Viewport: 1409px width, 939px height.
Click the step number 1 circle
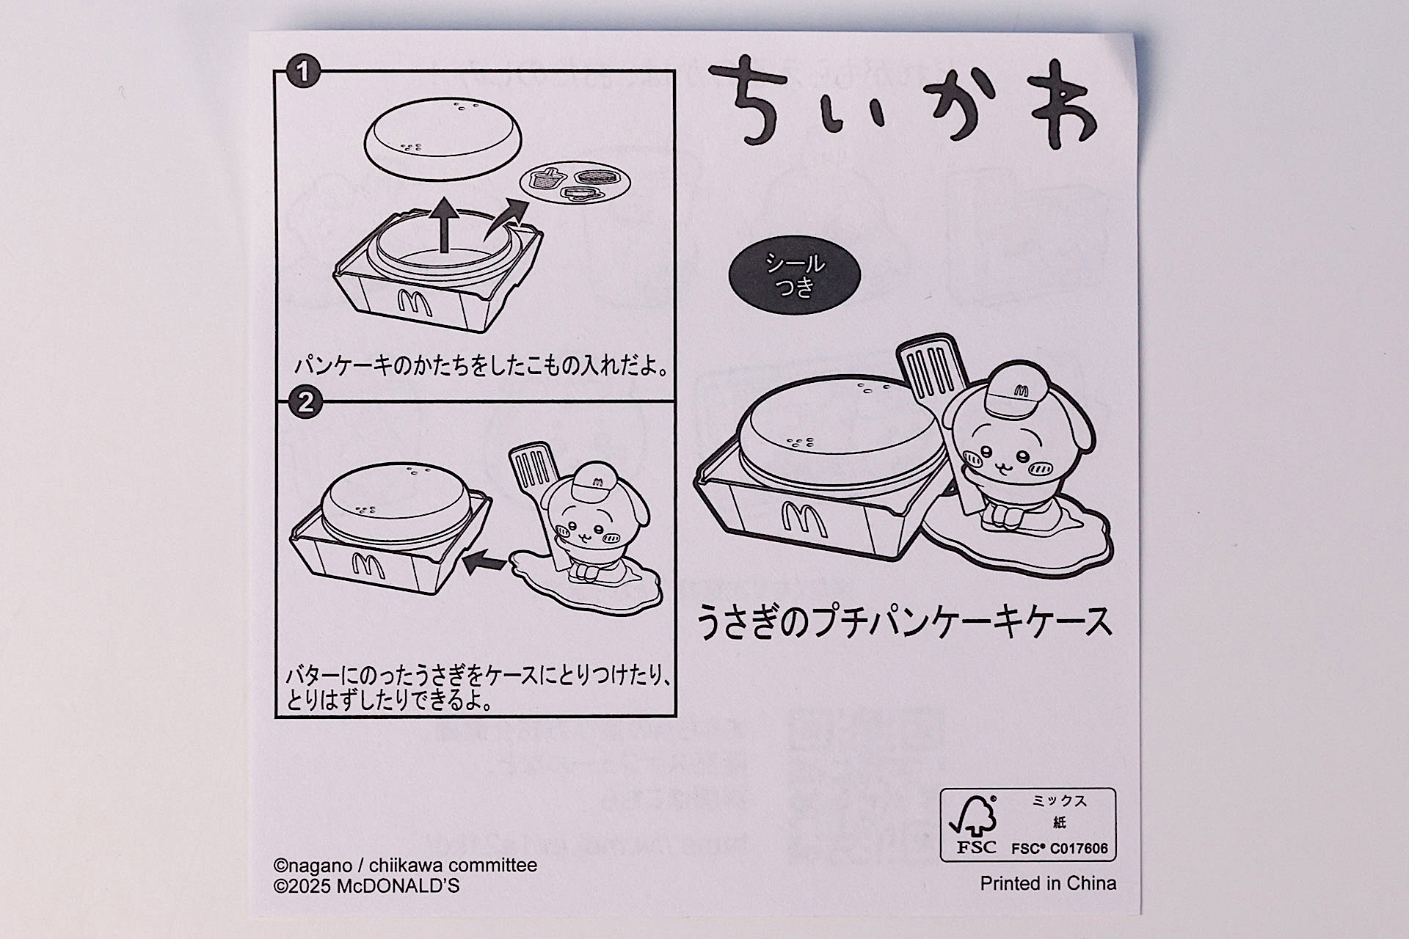click(303, 73)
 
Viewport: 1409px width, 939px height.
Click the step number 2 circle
click(305, 403)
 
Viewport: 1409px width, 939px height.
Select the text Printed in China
click(1047, 883)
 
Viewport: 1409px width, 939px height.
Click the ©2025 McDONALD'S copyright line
click(366, 886)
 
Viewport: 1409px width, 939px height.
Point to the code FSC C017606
click(1059, 849)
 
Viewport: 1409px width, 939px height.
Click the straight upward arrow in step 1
click(444, 224)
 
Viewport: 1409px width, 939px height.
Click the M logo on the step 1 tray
click(415, 302)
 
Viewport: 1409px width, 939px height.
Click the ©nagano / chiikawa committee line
click(404, 866)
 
